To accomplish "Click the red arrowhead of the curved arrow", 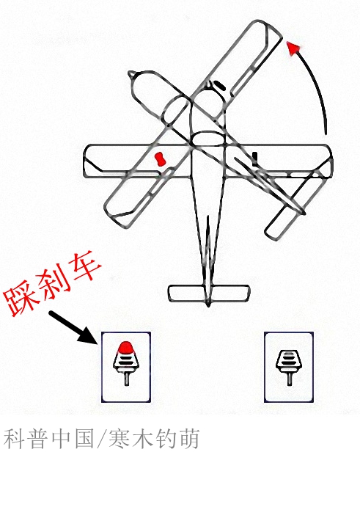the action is tap(293, 48).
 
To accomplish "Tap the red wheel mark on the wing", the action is tap(159, 158).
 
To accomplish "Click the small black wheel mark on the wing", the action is tap(255, 158).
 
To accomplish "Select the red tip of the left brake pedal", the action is tap(126, 347).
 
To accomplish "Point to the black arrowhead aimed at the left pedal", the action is tap(89, 335).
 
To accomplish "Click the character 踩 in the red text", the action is tap(21, 299).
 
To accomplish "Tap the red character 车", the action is tap(84, 268).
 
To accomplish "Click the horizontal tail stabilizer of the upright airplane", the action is tap(209, 293).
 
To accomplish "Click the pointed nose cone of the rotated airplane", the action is tap(132, 76).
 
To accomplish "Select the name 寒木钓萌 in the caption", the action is tap(154, 439).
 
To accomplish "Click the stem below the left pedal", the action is tap(126, 379).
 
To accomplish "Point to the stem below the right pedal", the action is tap(289, 379).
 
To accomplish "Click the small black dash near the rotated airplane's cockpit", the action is tap(219, 85).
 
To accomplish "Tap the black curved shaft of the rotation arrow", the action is tap(317, 84).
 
